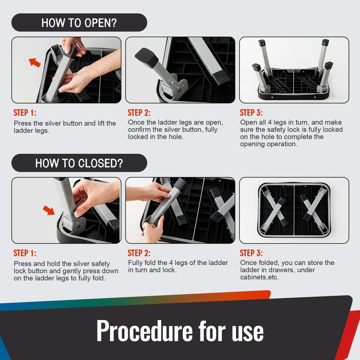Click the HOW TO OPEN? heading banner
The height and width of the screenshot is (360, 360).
click(x=79, y=22)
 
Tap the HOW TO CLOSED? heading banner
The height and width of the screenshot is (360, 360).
click(x=79, y=163)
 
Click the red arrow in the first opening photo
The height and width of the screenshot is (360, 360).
click(x=35, y=62)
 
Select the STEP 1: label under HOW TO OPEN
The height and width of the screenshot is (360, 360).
click(x=25, y=113)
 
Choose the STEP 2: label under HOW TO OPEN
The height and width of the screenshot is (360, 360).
click(x=139, y=113)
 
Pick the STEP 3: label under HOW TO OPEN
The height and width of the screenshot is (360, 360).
click(x=251, y=113)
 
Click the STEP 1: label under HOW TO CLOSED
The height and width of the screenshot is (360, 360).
click(x=25, y=253)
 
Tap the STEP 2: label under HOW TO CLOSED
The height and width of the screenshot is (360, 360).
click(x=139, y=253)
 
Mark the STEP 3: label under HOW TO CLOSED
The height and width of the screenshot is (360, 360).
click(x=251, y=253)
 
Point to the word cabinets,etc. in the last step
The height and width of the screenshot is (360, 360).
click(x=260, y=277)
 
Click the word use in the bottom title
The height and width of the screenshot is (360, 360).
click(x=248, y=332)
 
